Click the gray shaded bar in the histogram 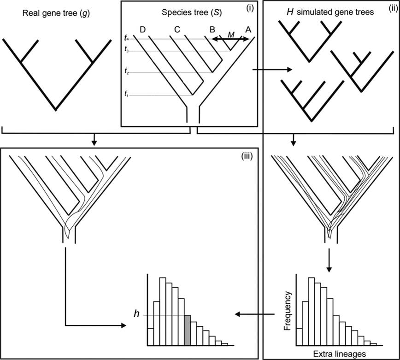pyautogui.click(x=187, y=330)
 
